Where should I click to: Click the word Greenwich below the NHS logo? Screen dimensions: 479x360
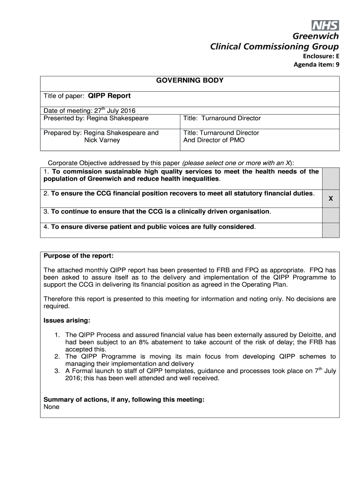[316, 37]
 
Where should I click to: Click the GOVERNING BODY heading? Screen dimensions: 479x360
[189, 80]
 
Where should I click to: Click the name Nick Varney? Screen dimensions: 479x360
[102, 140]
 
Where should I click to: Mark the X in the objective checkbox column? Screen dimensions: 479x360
[331, 199]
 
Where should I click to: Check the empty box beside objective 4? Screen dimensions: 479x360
[331, 231]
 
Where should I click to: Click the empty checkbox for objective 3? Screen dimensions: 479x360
[331, 215]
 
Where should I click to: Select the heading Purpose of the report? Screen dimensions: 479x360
[79, 256]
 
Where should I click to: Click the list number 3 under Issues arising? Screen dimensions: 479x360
[57, 371]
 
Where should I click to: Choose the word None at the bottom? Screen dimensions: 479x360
[51, 407]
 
